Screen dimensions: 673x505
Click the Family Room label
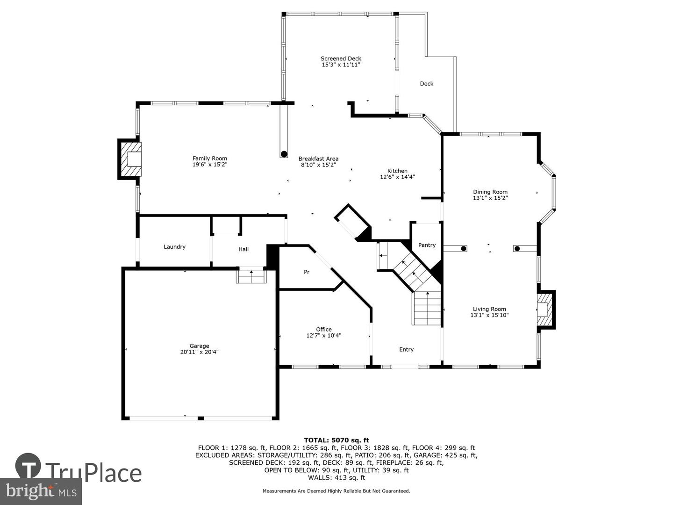point(210,158)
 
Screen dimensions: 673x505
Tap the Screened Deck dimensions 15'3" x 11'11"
point(341,65)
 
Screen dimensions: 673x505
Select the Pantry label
point(427,245)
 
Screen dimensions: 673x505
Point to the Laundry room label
point(174,247)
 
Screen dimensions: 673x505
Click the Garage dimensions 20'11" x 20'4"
point(199,352)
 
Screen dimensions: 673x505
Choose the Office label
point(324,329)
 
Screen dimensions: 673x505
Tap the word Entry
point(406,350)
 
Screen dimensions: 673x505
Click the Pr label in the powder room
point(307,272)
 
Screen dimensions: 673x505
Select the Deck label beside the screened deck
point(427,84)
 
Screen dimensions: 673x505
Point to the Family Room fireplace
point(130,159)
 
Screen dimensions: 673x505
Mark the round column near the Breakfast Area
point(284,154)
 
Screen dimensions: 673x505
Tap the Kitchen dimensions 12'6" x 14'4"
point(397,177)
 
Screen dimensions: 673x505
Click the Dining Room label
point(490,192)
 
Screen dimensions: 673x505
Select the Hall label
point(243,249)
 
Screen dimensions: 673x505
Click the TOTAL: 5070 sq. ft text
point(336,440)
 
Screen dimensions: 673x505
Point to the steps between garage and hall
point(251,275)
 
